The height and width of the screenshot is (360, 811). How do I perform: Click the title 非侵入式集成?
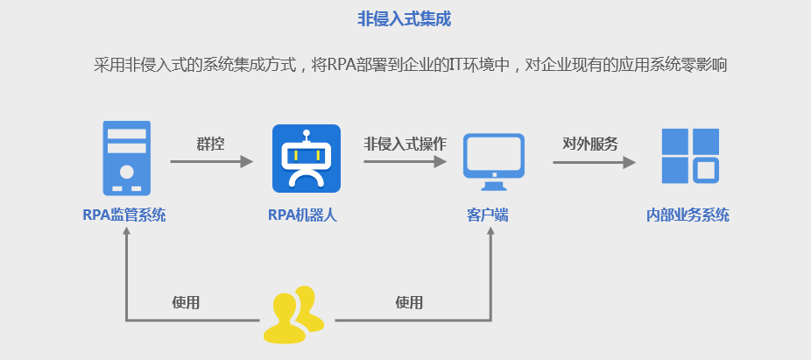(x=405, y=18)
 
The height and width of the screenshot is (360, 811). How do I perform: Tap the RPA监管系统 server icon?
(x=126, y=158)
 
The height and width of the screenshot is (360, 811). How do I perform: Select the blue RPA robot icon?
(x=306, y=159)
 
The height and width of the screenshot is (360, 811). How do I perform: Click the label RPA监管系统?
(x=124, y=215)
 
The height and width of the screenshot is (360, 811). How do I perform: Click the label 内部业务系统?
(x=688, y=215)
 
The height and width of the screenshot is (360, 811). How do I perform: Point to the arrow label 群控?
(x=210, y=143)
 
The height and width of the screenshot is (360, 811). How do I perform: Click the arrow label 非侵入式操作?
(x=405, y=143)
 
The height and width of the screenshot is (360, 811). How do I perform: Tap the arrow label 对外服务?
(x=590, y=143)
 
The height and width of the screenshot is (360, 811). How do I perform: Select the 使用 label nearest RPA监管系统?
(x=186, y=303)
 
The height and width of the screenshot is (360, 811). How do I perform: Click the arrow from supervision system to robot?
(x=211, y=162)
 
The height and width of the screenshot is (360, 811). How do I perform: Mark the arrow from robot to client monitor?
(x=405, y=162)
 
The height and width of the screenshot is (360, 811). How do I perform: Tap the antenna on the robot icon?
(x=306, y=137)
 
